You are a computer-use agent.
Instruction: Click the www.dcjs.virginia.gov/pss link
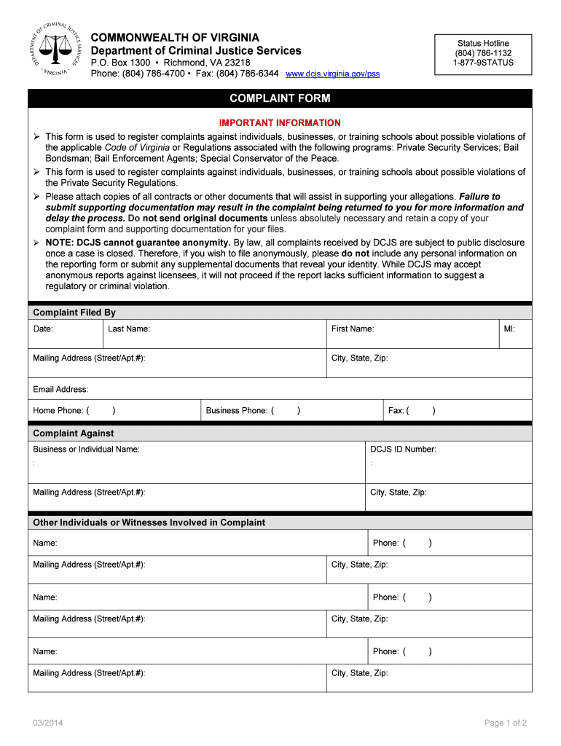(332, 74)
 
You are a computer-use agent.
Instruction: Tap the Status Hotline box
(483, 54)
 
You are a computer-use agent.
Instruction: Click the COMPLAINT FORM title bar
(280, 98)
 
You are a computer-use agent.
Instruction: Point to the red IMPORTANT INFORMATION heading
(280, 123)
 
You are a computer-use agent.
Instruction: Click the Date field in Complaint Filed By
(65, 334)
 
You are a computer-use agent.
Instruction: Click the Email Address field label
(60, 390)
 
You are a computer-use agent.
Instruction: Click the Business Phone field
(291, 411)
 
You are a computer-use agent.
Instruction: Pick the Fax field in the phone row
(458, 411)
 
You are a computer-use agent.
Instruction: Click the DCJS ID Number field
(448, 462)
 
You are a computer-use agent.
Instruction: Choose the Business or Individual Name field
(196, 462)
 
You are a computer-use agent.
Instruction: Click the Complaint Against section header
(74, 433)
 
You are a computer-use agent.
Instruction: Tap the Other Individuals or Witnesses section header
(149, 522)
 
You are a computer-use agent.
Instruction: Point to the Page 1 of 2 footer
(505, 723)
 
